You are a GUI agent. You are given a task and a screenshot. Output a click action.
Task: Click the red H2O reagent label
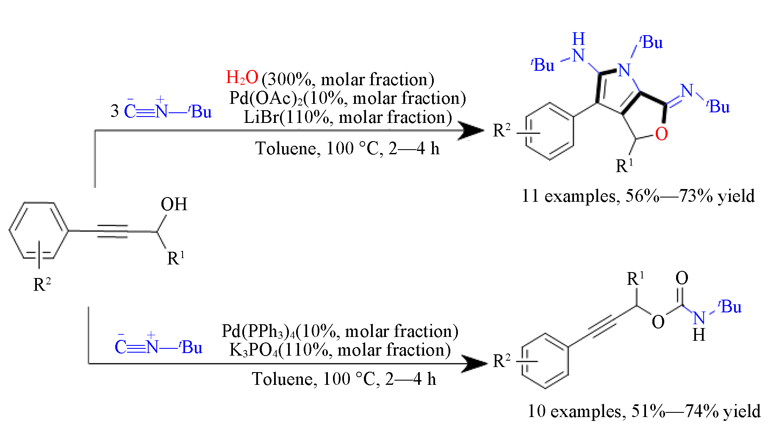pos(242,78)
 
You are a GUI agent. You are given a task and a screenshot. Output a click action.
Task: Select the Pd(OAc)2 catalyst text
pos(266,98)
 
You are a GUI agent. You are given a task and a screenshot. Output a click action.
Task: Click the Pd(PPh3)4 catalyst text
pos(258,331)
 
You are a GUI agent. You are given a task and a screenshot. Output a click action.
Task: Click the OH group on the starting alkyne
pos(174,204)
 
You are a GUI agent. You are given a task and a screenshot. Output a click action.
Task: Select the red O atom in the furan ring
pos(661,134)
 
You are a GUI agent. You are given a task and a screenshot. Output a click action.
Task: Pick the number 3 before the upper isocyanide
pos(114,111)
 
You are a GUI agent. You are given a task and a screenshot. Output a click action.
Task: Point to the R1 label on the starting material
pos(176,258)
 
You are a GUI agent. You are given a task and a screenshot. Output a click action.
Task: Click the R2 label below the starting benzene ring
pos(42,284)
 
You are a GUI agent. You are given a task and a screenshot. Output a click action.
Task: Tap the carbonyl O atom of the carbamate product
pos(682,278)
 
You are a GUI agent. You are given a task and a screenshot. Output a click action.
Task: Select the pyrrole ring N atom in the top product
pos(624,70)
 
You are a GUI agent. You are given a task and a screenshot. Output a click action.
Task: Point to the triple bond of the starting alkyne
pos(112,231)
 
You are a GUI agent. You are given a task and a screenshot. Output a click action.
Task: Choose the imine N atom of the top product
pos(687,91)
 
